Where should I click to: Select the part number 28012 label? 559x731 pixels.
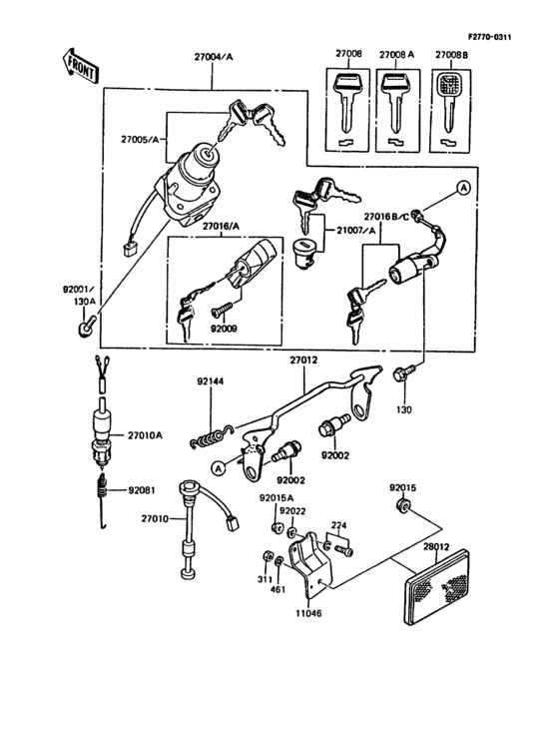[437, 546]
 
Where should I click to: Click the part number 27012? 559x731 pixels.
[304, 360]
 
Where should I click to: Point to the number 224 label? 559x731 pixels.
[339, 523]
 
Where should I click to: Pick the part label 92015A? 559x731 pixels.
[276, 497]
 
